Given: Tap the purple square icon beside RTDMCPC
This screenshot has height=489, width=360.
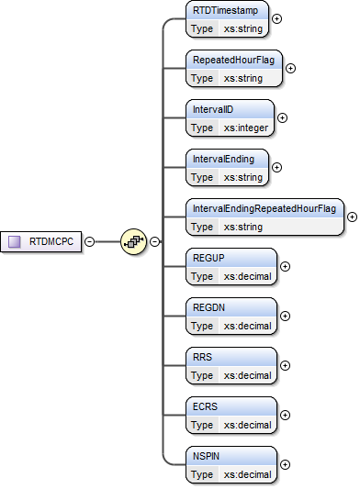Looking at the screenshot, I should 15,241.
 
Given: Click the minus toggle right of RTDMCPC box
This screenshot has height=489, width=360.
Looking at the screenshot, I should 89,241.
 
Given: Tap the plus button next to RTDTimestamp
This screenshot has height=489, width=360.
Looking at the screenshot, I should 277,17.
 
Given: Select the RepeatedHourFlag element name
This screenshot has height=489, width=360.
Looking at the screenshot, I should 233,60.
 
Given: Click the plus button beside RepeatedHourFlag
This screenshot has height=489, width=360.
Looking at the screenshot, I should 291,67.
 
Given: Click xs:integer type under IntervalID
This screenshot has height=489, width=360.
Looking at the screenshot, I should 247,128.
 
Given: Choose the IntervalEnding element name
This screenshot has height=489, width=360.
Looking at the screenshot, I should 223,159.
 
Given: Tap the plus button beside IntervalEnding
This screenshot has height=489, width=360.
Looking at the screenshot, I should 277,167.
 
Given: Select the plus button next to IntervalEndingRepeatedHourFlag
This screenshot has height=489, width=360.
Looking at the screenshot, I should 352,217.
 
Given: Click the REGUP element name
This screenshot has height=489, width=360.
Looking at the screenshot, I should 209,258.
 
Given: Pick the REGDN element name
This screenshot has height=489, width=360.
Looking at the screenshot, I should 209,307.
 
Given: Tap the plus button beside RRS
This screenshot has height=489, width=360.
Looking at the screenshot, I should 285,365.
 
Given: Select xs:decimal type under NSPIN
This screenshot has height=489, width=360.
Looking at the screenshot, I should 247,474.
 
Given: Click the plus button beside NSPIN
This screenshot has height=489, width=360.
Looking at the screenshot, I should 285,464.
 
